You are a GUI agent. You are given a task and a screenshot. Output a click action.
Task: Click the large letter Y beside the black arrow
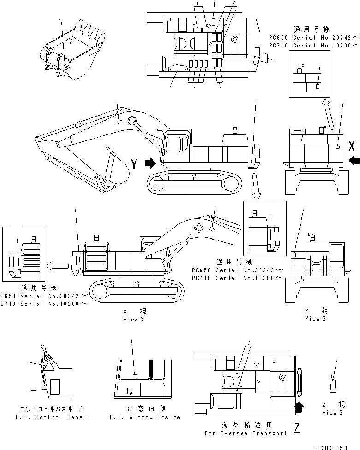click(x=134, y=164)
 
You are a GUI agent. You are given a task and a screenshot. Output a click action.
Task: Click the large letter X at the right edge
click(x=352, y=146)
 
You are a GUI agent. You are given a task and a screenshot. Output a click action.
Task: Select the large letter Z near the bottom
click(x=297, y=429)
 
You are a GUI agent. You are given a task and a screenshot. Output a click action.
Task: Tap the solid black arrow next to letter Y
click(x=150, y=164)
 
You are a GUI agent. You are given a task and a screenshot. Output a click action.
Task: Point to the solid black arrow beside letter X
click(x=354, y=161)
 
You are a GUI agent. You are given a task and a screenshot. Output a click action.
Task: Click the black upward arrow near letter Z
click(x=299, y=406)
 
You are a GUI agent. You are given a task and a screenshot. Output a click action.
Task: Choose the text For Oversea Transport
click(x=246, y=433)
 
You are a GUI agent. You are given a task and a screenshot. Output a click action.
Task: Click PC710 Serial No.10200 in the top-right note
click(x=314, y=45)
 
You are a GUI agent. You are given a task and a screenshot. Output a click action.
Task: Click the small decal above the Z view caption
click(x=333, y=380)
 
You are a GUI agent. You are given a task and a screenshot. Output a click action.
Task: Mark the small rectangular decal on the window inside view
click(x=135, y=376)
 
